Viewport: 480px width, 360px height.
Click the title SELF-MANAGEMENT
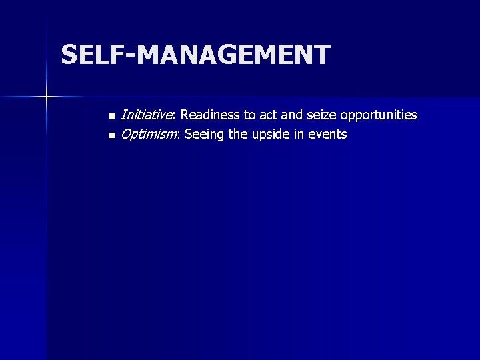(195, 55)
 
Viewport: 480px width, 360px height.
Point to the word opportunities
(377, 115)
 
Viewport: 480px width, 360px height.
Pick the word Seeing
(204, 135)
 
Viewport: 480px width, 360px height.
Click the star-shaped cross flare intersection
(47, 97)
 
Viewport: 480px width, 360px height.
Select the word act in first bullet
(271, 115)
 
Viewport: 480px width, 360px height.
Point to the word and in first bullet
(294, 115)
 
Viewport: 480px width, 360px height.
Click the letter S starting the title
(69, 55)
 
